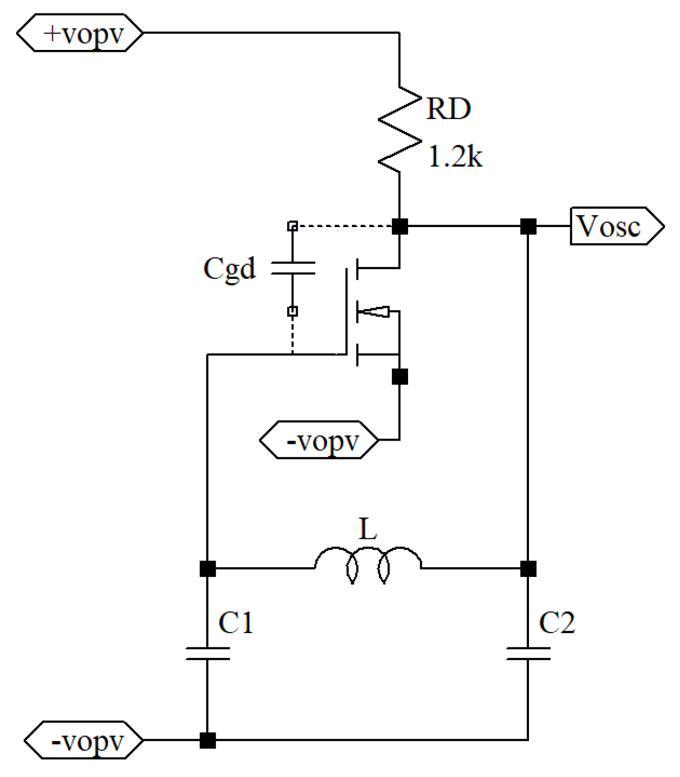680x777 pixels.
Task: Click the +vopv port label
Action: pyautogui.click(x=80, y=33)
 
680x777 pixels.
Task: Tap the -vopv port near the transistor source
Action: pyautogui.click(x=319, y=440)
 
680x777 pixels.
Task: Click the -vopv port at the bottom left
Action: pyautogui.click(x=84, y=740)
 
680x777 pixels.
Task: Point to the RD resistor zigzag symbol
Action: pyautogui.click(x=399, y=130)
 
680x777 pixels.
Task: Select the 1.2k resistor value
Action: pyautogui.click(x=455, y=156)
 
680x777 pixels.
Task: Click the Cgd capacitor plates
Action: pyautogui.click(x=293, y=268)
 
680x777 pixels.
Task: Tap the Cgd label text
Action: pyautogui.click(x=229, y=268)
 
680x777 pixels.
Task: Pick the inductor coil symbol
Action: pyautogui.click(x=368, y=564)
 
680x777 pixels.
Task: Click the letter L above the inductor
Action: pyautogui.click(x=367, y=529)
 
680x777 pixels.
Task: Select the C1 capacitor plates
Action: pyautogui.click(x=208, y=653)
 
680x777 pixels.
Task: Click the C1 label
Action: pyautogui.click(x=235, y=622)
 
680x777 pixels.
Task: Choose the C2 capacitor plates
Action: pyautogui.click(x=528, y=653)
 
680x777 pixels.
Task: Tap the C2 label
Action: pyautogui.click(x=556, y=622)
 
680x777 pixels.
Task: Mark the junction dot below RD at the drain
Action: pyautogui.click(x=399, y=226)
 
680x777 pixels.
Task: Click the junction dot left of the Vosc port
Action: pyautogui.click(x=528, y=226)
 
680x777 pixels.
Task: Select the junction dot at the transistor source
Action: pyautogui.click(x=399, y=376)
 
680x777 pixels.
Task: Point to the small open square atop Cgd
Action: pyautogui.click(x=293, y=226)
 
